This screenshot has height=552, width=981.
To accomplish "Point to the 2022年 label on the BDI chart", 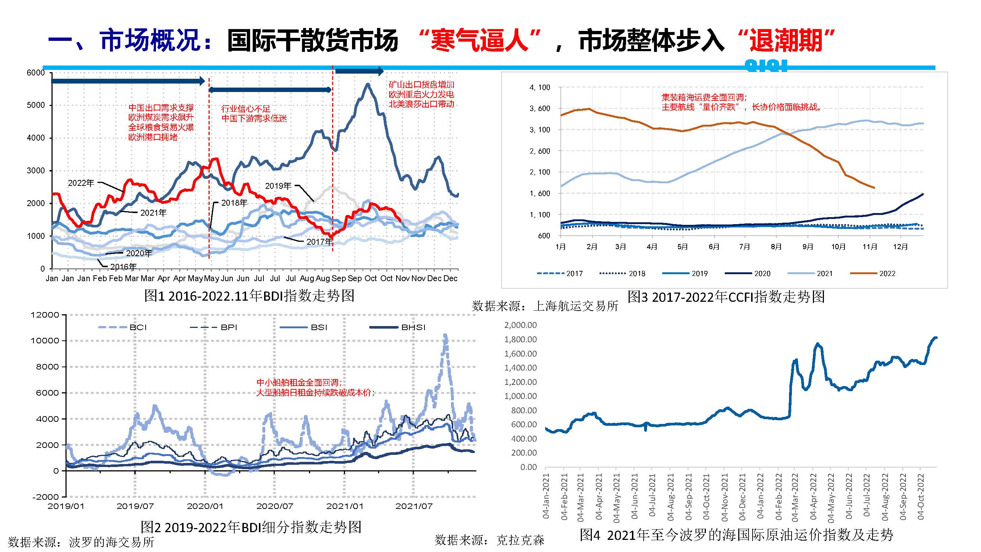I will tap(81, 183).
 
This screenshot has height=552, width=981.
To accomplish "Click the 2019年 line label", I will tap(278, 186).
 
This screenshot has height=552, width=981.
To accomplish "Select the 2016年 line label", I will tap(123, 267).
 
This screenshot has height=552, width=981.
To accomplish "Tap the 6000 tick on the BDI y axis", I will tap(36, 73).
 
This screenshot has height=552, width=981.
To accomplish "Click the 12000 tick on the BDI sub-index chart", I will tap(45, 315).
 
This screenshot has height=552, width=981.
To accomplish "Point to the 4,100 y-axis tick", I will tap(540, 88).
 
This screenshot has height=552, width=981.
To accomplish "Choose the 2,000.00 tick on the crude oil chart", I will tap(520, 325).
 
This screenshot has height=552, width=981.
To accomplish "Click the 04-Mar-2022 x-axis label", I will tap(795, 497).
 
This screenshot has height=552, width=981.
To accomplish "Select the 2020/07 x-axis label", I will tap(274, 506).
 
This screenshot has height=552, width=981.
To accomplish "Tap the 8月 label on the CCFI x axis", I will tap(776, 247).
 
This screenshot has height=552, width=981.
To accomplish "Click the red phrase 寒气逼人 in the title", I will tap(479, 40).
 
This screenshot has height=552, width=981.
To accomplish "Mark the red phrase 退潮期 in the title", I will tap(786, 40).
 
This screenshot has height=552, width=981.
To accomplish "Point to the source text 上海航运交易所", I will tap(575, 306).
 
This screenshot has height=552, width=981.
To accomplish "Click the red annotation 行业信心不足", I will tap(246, 109).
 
